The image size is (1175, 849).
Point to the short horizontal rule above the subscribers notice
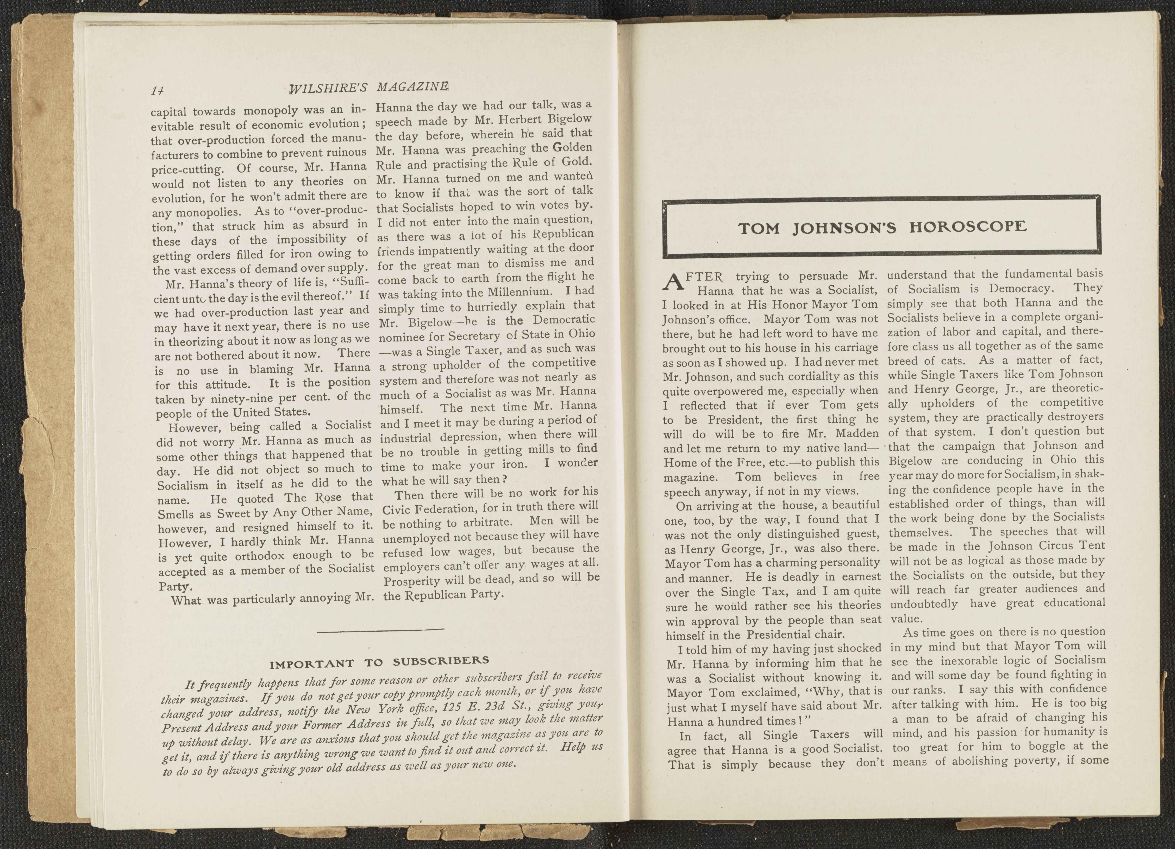380,629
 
